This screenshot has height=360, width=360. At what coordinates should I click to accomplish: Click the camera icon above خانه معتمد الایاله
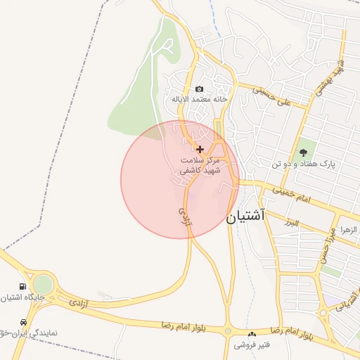pyautogui.click(x=200, y=89)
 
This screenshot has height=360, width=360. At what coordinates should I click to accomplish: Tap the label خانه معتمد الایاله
pyautogui.click(x=200, y=100)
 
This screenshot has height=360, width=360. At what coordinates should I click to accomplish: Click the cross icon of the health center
pyautogui.click(x=200, y=149)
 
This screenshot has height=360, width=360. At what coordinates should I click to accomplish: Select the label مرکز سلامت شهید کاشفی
pyautogui.click(x=200, y=165)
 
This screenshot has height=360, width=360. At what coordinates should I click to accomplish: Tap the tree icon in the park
pyautogui.click(x=303, y=153)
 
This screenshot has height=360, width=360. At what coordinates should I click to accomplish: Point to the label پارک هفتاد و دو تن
pyautogui.click(x=303, y=164)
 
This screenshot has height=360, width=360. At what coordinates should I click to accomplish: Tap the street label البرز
pyautogui.click(x=288, y=223)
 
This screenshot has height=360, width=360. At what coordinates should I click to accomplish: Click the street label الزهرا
pyautogui.click(x=349, y=230)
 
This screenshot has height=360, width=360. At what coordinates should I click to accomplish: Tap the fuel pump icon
pyautogui.click(x=23, y=287)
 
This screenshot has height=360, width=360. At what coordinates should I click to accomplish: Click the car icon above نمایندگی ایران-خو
pyautogui.click(x=24, y=322)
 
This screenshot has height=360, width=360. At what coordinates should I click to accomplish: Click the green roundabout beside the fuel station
pyautogui.click(x=43, y=285)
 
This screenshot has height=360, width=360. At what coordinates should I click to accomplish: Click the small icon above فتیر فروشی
pyautogui.click(x=252, y=334)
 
